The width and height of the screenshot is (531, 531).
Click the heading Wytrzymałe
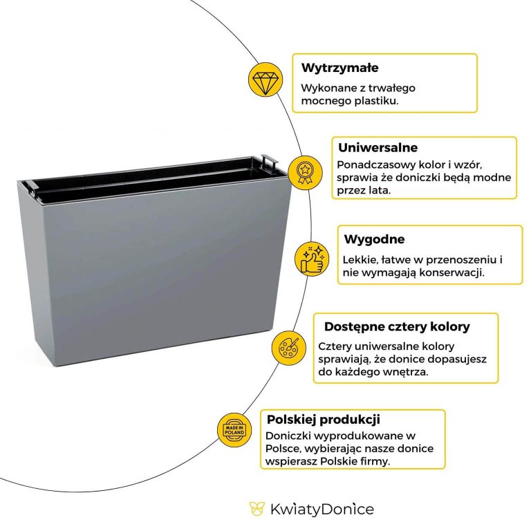click(339, 68)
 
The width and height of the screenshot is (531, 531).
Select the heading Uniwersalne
click(378, 148)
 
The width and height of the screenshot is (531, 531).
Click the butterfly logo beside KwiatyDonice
click(257, 510)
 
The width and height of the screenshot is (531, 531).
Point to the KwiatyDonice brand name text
click(321, 510)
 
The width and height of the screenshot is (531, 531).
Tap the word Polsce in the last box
click(283, 448)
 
